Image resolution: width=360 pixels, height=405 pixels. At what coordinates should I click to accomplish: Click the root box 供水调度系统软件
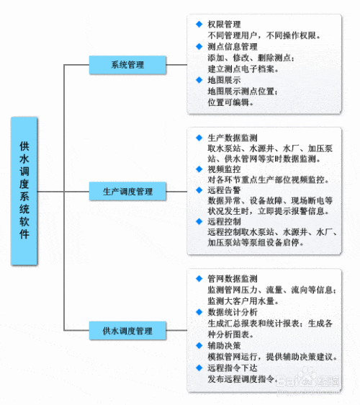24,191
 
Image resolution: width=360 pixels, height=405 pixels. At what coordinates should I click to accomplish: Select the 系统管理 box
127,65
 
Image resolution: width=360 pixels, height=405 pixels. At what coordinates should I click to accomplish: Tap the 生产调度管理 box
127,191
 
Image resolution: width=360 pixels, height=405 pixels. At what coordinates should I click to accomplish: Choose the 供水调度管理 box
127,331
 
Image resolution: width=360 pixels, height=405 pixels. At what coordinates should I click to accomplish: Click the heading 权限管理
224,25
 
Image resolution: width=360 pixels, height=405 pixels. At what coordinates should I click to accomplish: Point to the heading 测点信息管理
233,47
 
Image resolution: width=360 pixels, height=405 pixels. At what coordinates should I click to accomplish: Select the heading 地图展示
224,80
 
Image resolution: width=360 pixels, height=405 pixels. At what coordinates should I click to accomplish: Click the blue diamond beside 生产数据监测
199,138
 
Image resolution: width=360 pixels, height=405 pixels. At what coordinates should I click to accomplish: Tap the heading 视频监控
224,169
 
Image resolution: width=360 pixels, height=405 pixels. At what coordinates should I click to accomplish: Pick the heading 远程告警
224,190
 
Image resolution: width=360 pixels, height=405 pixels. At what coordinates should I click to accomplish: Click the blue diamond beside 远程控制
199,221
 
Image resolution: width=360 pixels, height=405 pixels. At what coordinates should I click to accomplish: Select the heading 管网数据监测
233,279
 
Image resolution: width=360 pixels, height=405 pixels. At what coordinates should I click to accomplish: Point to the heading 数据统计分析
233,312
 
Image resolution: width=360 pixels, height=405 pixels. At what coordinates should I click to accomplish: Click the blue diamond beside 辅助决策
199,345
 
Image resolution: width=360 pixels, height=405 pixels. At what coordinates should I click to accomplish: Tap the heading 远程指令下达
233,368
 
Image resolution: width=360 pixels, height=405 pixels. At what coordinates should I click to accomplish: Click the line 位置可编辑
230,102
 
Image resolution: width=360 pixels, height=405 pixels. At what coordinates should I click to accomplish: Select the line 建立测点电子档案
243,69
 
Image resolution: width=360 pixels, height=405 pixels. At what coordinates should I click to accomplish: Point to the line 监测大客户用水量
243,301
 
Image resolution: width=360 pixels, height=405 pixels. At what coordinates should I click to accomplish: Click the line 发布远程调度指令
243,379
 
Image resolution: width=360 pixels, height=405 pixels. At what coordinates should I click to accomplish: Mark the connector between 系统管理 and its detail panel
176,65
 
